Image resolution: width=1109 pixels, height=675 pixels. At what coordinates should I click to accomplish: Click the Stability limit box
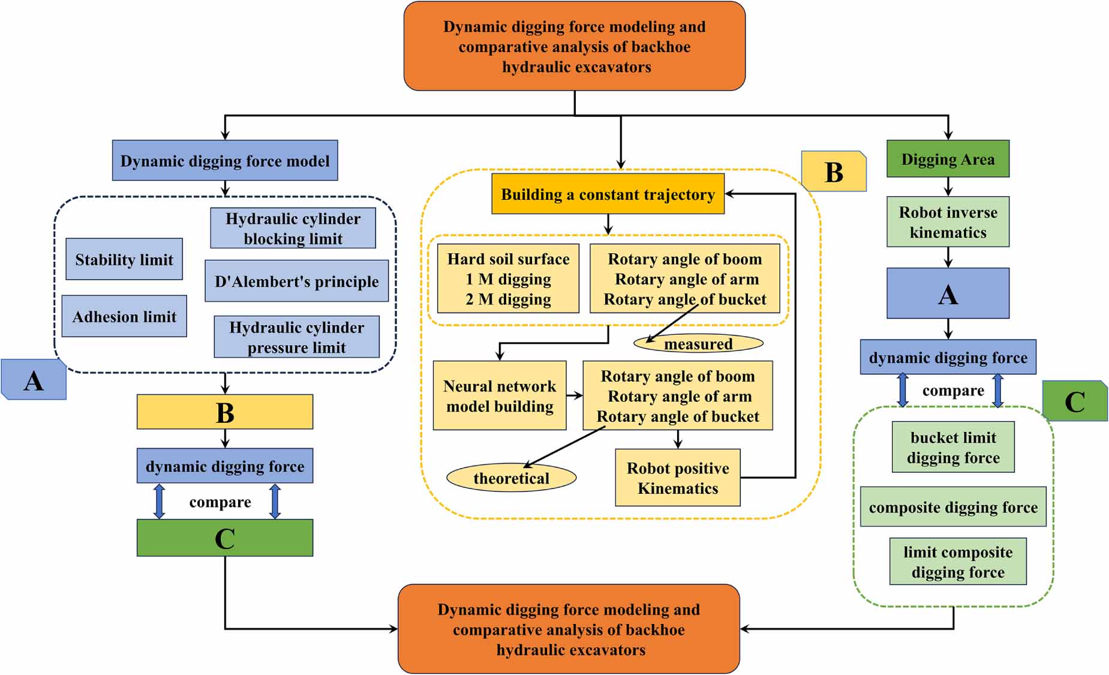(x=124, y=259)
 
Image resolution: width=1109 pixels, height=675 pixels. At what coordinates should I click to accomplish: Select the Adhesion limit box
(x=124, y=316)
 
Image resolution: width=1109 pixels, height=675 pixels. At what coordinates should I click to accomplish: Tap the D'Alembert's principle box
(x=296, y=281)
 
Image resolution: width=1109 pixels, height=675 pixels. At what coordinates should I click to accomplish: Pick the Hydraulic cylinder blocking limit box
(x=293, y=228)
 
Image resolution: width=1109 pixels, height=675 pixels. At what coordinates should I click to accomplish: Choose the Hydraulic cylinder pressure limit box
(x=296, y=337)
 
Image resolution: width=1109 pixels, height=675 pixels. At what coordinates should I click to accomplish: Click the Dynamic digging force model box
(x=225, y=160)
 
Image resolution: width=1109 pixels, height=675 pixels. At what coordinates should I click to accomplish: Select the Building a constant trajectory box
(x=608, y=194)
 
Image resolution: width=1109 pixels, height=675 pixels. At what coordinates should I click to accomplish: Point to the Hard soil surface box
(x=508, y=278)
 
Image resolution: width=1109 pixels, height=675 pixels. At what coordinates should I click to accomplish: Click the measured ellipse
(x=698, y=343)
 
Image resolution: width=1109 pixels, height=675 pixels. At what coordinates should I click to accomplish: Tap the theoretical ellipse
(x=511, y=478)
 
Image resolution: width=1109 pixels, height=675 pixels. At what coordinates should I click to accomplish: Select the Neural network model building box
(x=500, y=395)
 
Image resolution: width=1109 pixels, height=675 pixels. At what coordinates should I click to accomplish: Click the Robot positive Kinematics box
(x=678, y=478)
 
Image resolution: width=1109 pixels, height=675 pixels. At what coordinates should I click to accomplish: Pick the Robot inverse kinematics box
(x=948, y=221)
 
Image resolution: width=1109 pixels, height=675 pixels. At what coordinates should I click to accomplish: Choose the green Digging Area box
(x=948, y=159)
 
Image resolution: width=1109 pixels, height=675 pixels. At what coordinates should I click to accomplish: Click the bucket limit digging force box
(x=953, y=447)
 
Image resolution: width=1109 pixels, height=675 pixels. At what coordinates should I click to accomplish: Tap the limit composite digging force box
(x=958, y=562)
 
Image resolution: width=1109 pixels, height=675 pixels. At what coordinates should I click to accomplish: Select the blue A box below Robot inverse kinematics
(x=948, y=293)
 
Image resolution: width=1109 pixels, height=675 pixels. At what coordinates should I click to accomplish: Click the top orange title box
(x=575, y=46)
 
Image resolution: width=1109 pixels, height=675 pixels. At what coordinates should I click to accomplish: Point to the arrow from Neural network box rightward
(x=575, y=395)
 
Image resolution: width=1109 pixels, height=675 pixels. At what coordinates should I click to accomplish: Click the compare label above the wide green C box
(x=220, y=502)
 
